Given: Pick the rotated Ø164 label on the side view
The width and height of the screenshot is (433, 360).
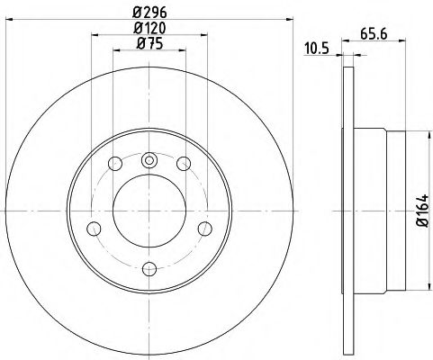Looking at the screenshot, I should (419, 213).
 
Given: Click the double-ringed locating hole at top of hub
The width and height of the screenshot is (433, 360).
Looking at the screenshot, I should (149, 161).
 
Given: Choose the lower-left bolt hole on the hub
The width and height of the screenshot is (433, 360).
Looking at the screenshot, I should (93, 228).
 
